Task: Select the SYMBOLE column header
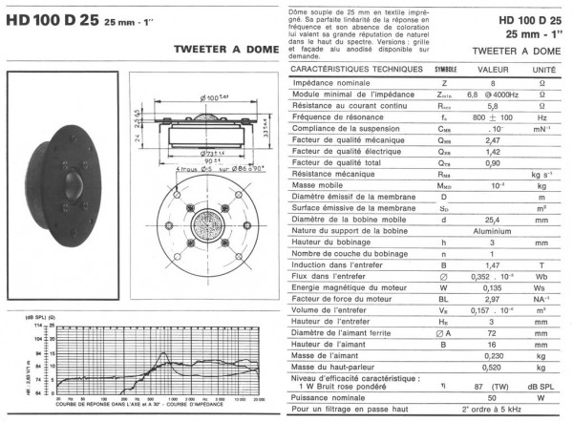(445, 71)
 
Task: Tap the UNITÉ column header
(543, 71)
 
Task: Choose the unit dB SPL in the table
(543, 385)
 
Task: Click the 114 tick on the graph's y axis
(38, 326)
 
